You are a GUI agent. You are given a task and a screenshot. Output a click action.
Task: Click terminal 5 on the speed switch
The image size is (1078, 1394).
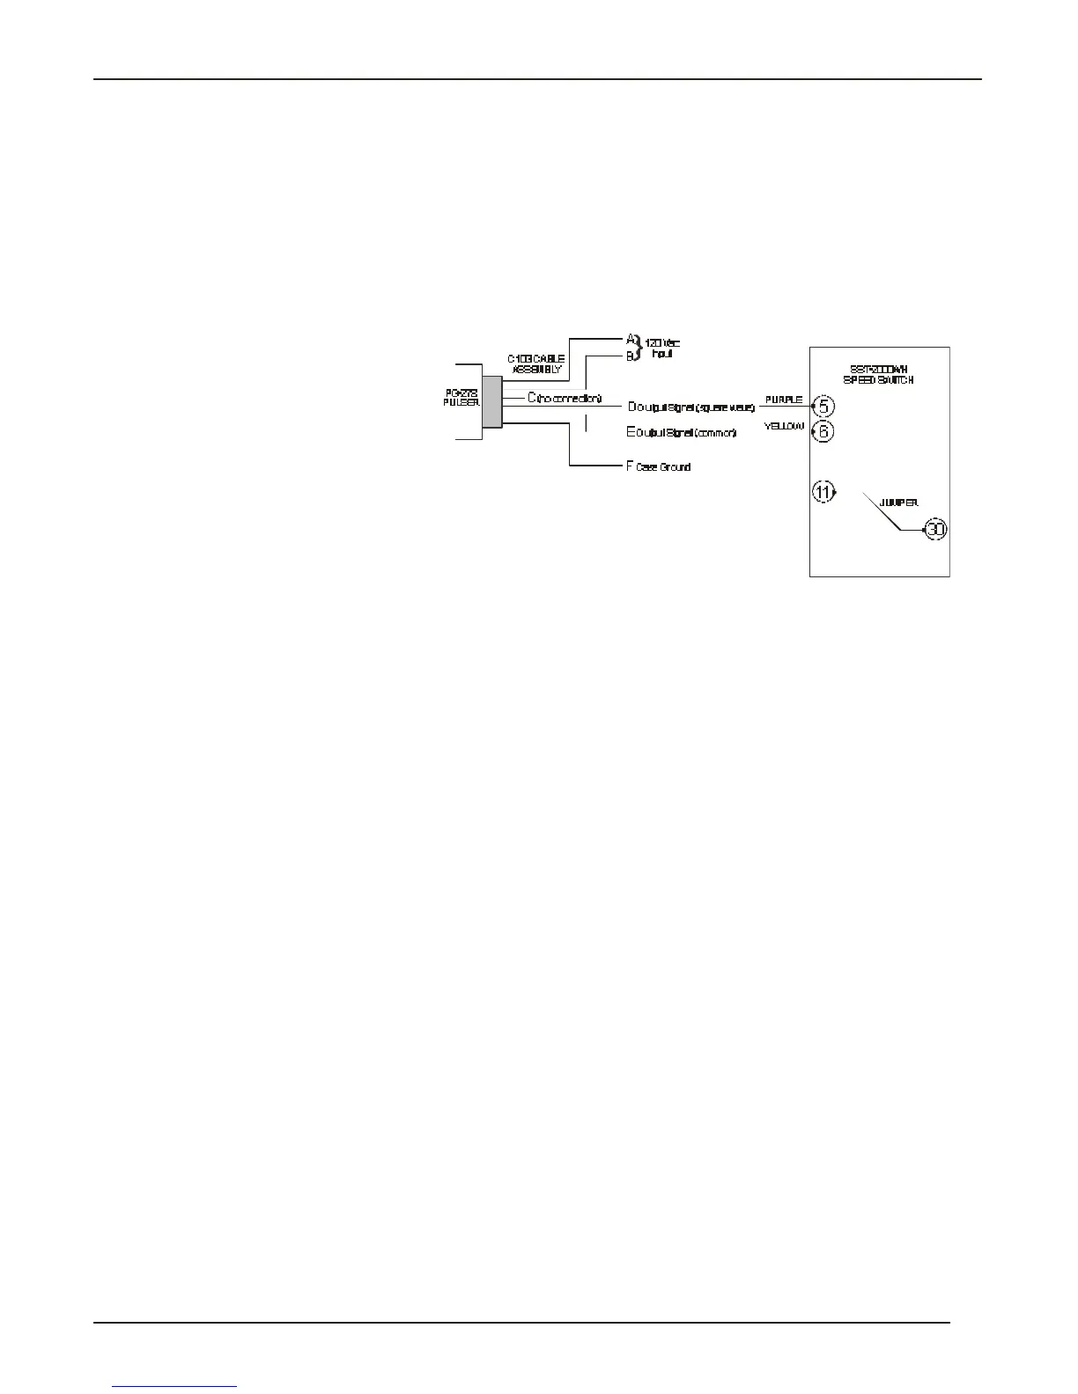[822, 407]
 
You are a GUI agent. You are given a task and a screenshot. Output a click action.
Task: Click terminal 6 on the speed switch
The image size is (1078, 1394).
[822, 431]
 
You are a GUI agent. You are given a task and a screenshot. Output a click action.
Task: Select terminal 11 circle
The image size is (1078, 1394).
[823, 493]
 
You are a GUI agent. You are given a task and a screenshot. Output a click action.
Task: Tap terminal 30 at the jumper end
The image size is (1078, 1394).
[934, 531]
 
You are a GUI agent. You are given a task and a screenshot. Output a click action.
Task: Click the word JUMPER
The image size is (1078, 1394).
[898, 503]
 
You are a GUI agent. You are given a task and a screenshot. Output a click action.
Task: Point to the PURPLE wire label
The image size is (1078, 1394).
[783, 400]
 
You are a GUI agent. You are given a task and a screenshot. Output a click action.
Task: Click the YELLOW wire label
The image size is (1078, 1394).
[784, 426]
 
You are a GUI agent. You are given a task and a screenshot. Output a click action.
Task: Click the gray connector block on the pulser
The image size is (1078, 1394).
[491, 402]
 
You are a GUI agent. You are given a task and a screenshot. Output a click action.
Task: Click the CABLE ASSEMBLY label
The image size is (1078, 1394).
[536, 364]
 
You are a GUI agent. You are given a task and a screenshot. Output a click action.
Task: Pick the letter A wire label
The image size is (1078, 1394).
[631, 339]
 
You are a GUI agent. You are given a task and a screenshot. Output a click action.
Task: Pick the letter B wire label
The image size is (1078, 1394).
[630, 356]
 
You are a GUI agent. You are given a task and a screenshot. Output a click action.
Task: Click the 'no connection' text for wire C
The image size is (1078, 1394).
[569, 398]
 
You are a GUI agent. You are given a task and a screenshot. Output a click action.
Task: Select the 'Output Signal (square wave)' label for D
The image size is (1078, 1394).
[696, 407]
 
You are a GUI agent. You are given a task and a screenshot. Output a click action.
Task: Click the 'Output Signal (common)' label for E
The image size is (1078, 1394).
[685, 433]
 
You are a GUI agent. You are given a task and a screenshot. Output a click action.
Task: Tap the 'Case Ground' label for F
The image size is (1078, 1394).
[663, 467]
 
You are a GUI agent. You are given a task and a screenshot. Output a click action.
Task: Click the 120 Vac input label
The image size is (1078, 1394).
[663, 348]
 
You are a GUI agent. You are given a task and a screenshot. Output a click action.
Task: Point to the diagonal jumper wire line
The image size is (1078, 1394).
[882, 512]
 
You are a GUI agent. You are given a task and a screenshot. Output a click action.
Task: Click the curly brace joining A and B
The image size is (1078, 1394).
[640, 347]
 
